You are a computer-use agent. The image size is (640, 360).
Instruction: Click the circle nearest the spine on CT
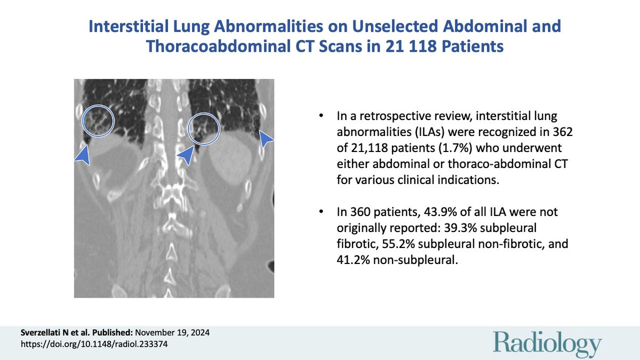[x=204, y=129]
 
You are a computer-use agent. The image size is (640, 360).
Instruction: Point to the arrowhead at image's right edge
[x=266, y=141]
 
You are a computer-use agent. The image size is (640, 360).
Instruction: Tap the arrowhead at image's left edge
[x=82, y=155]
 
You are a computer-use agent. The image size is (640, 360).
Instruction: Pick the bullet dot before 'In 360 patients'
[x=321, y=212]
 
